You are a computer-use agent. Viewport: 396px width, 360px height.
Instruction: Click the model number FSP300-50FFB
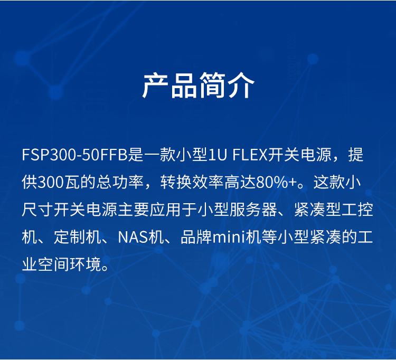(x=75, y=155)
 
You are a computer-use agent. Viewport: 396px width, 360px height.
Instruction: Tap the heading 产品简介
(x=198, y=86)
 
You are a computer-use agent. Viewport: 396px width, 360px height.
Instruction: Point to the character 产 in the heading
(x=156, y=86)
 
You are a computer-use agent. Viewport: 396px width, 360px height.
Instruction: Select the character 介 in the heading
(x=241, y=86)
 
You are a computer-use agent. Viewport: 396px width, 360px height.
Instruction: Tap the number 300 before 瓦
(x=51, y=182)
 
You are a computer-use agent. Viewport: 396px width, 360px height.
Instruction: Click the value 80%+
(x=276, y=182)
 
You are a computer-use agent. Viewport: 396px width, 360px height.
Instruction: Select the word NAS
(x=133, y=237)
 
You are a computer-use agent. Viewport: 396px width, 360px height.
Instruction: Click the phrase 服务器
(x=253, y=210)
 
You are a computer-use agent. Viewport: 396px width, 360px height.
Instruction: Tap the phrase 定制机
(x=77, y=237)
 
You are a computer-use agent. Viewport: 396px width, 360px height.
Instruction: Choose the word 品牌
(x=196, y=237)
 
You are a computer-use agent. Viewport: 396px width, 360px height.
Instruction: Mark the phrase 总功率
(x=120, y=182)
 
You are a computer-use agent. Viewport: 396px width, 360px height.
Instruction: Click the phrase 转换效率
(x=192, y=182)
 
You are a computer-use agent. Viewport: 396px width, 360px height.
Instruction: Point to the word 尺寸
(x=37, y=210)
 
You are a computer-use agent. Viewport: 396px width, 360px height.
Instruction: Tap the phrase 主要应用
(x=149, y=210)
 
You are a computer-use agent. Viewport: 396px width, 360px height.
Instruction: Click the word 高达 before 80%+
(x=240, y=182)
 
